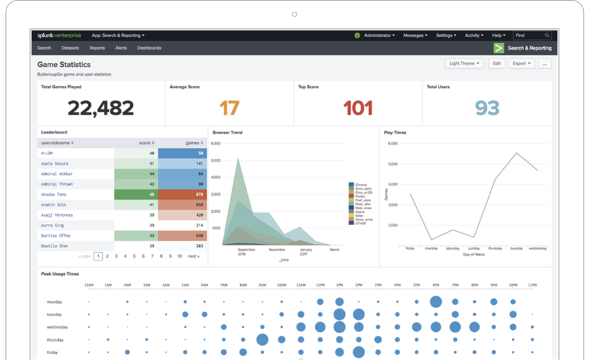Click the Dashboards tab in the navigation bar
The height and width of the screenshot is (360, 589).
[x=149, y=48]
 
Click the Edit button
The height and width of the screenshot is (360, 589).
[x=497, y=63]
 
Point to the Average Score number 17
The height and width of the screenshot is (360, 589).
[x=229, y=108]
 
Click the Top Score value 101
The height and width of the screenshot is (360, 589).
[x=358, y=108]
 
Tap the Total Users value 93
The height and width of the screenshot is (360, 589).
[x=488, y=108]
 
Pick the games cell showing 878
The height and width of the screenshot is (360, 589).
[x=183, y=194]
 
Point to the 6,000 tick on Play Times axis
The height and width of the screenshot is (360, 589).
[x=393, y=143]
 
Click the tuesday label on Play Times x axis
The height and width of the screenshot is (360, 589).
[x=516, y=249]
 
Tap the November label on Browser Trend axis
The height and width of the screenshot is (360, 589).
[x=277, y=249]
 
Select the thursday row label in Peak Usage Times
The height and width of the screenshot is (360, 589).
[x=56, y=339]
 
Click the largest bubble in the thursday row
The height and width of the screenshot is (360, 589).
[x=262, y=339]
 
